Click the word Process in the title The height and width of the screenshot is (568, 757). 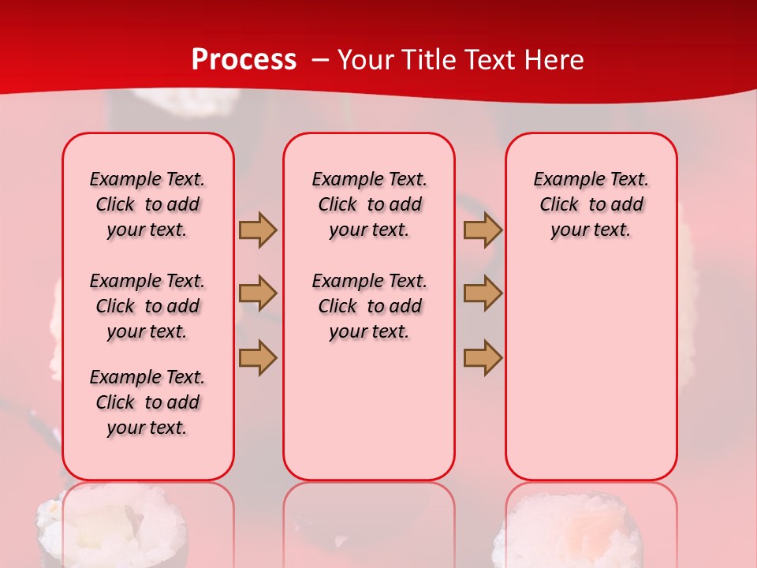coord(244,59)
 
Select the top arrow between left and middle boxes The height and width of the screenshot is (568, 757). coord(258,230)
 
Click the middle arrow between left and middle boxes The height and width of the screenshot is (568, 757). coord(258,293)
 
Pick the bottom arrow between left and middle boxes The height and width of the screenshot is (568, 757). coord(258,357)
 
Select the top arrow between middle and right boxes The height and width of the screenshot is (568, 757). coord(483,230)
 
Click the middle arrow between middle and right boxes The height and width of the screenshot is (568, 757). coord(483,293)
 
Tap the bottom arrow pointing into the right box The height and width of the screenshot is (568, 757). coord(483,357)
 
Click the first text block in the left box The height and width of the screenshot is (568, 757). coord(147,204)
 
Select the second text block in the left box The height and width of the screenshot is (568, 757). coord(147,306)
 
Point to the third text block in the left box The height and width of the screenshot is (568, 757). coord(147,402)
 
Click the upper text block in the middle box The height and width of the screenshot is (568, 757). coord(369,204)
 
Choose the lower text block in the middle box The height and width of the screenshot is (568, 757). coord(369,306)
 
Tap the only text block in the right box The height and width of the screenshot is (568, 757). coord(591,204)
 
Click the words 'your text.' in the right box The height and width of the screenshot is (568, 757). coord(591,230)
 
